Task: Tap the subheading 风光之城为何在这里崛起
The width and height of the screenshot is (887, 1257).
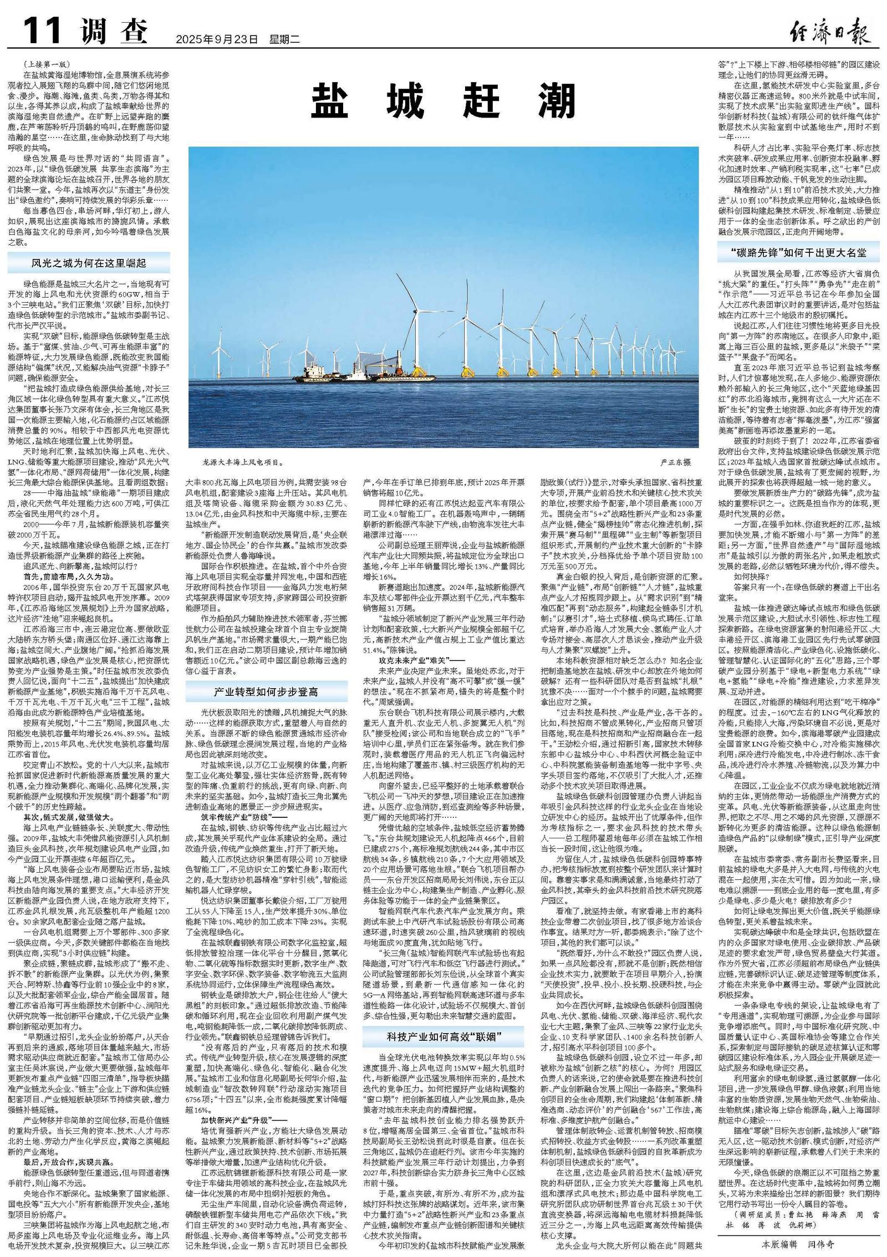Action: point(89,262)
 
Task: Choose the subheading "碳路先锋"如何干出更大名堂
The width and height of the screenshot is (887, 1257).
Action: point(798,253)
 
